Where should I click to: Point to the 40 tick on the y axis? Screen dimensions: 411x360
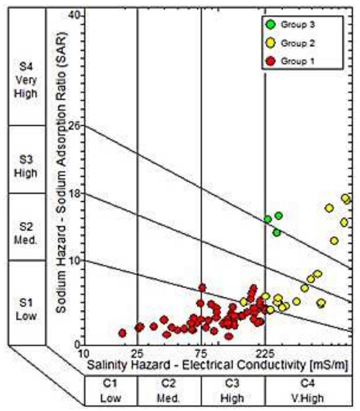78,15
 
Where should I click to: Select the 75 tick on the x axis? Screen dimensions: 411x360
201,353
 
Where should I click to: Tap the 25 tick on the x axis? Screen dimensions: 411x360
137,353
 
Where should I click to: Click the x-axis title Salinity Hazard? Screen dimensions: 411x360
216,365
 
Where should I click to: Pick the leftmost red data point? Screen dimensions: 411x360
122,333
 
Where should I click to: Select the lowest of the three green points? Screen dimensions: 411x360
277,232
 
